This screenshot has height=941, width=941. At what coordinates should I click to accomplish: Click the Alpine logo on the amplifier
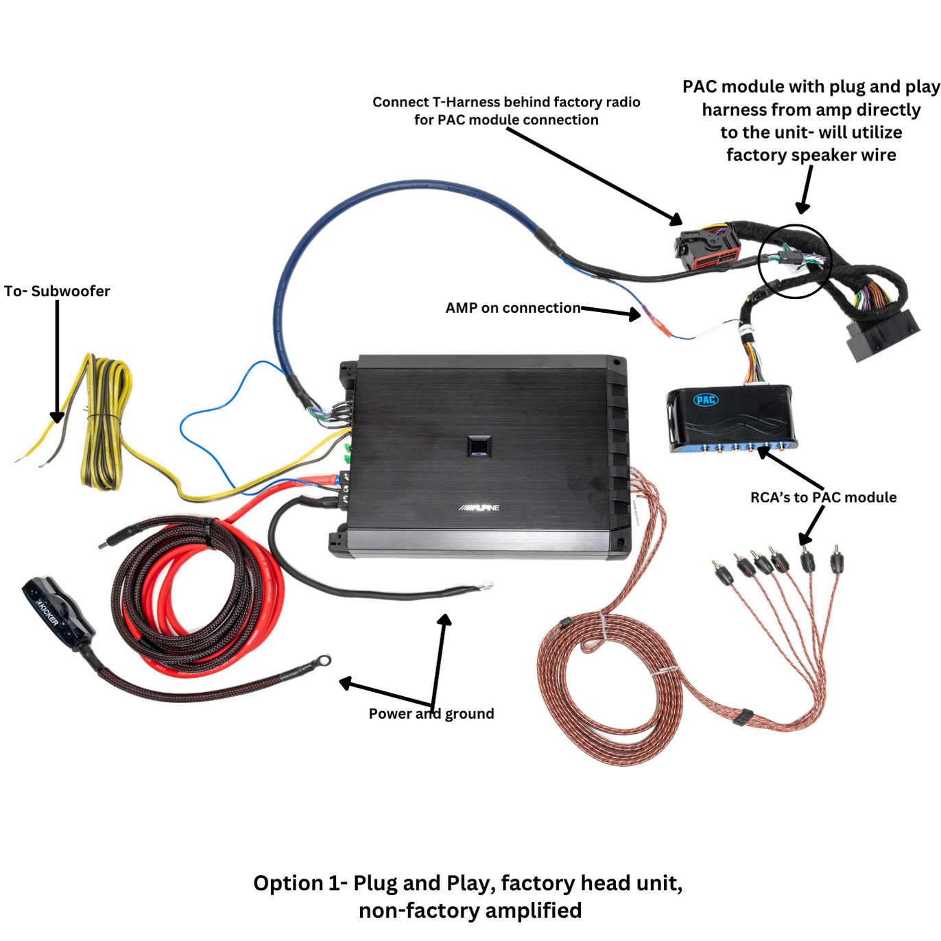479,508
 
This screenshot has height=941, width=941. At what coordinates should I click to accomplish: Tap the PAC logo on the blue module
706,400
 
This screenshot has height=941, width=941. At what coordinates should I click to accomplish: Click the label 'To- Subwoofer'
57,291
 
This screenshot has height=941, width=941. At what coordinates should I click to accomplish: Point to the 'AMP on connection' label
512,308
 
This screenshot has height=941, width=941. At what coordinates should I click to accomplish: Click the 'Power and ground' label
431,713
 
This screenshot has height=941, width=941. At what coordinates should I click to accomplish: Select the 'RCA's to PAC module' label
823,497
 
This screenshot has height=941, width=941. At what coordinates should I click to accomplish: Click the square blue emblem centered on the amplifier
479,446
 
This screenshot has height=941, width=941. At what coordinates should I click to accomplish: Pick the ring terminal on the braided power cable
323,660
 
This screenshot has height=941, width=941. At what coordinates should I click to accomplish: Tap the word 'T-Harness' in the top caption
466,102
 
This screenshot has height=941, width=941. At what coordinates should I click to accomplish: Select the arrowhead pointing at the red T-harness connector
676,219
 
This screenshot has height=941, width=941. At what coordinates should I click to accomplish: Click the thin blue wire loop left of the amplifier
206,425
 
